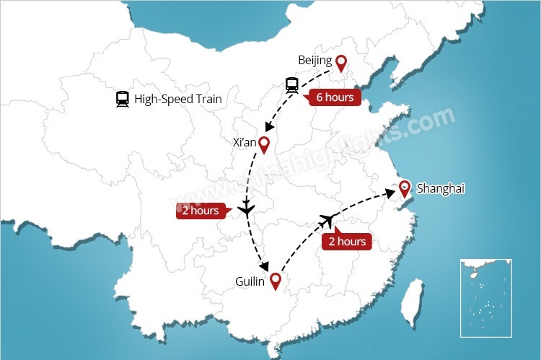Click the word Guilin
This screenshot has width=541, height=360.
[251, 281]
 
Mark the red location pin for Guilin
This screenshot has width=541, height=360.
[275, 280]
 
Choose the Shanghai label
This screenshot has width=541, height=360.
[441, 188]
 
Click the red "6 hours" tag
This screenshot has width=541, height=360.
[335, 97]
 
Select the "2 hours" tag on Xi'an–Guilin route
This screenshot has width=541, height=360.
[199, 211]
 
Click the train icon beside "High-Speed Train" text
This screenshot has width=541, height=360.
[122, 99]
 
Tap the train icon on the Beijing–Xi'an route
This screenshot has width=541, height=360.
[291, 85]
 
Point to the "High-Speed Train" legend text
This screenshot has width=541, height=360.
[178, 99]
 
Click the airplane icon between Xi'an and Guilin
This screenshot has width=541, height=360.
[247, 211]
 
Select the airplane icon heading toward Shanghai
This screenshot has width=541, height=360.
[330, 219]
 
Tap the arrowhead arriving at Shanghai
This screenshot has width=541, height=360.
[390, 192]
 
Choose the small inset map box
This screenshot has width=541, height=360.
[486, 297]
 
